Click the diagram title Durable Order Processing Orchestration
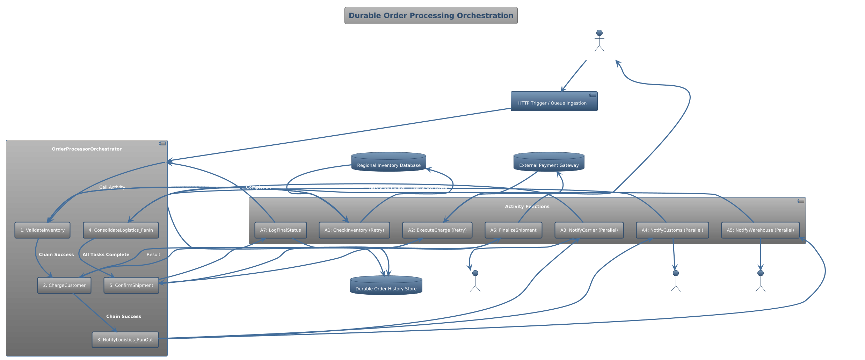(431, 16)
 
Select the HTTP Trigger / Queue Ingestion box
(554, 102)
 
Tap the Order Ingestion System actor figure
(599, 41)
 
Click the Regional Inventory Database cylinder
(388, 162)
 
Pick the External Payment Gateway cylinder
(548, 162)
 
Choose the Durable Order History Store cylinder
(386, 286)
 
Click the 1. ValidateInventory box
(42, 230)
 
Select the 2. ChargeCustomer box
(64, 285)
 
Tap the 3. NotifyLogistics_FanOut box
(125, 340)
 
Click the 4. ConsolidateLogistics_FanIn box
(121, 230)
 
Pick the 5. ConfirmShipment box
(131, 285)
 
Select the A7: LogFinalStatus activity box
(280, 230)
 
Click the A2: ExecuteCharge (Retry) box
(437, 230)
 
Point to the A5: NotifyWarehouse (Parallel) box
(760, 230)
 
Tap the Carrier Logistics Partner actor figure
(475, 281)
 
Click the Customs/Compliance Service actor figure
(675, 281)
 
